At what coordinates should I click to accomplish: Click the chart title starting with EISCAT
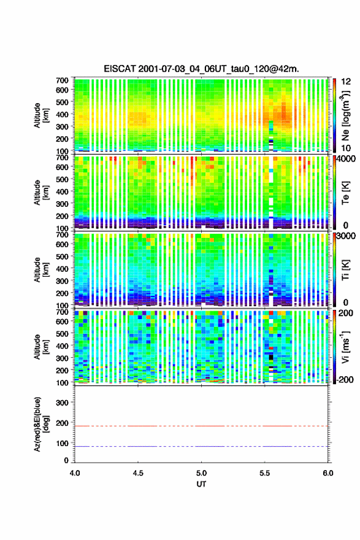pyautogui.click(x=201, y=69)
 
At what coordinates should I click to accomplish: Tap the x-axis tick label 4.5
pyautogui.click(x=138, y=473)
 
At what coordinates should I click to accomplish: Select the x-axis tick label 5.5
pyautogui.click(x=265, y=473)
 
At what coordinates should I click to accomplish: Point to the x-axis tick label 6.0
pyautogui.click(x=328, y=473)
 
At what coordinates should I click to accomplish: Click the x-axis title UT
pyautogui.click(x=201, y=484)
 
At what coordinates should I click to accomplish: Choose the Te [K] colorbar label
pyautogui.click(x=345, y=193)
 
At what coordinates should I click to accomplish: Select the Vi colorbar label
pyautogui.click(x=345, y=347)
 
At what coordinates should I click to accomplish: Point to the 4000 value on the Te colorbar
pyautogui.click(x=345, y=160)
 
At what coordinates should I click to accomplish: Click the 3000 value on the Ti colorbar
pyautogui.click(x=345, y=237)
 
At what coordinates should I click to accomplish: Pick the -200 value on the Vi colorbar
pyautogui.click(x=344, y=379)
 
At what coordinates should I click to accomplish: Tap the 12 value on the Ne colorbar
pyautogui.click(x=346, y=82)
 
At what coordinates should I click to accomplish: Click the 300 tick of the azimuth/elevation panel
pyautogui.click(x=62, y=403)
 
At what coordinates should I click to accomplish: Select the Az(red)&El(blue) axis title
pyautogui.click(x=40, y=424)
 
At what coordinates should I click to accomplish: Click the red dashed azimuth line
pyautogui.click(x=201, y=426)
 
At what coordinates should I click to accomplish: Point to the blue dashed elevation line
pyautogui.click(x=201, y=446)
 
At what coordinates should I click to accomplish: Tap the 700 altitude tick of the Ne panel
pyautogui.click(x=62, y=80)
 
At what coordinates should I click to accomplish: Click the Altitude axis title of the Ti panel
pyautogui.click(x=40, y=269)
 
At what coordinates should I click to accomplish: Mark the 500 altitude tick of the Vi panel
pyautogui.click(x=62, y=334)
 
